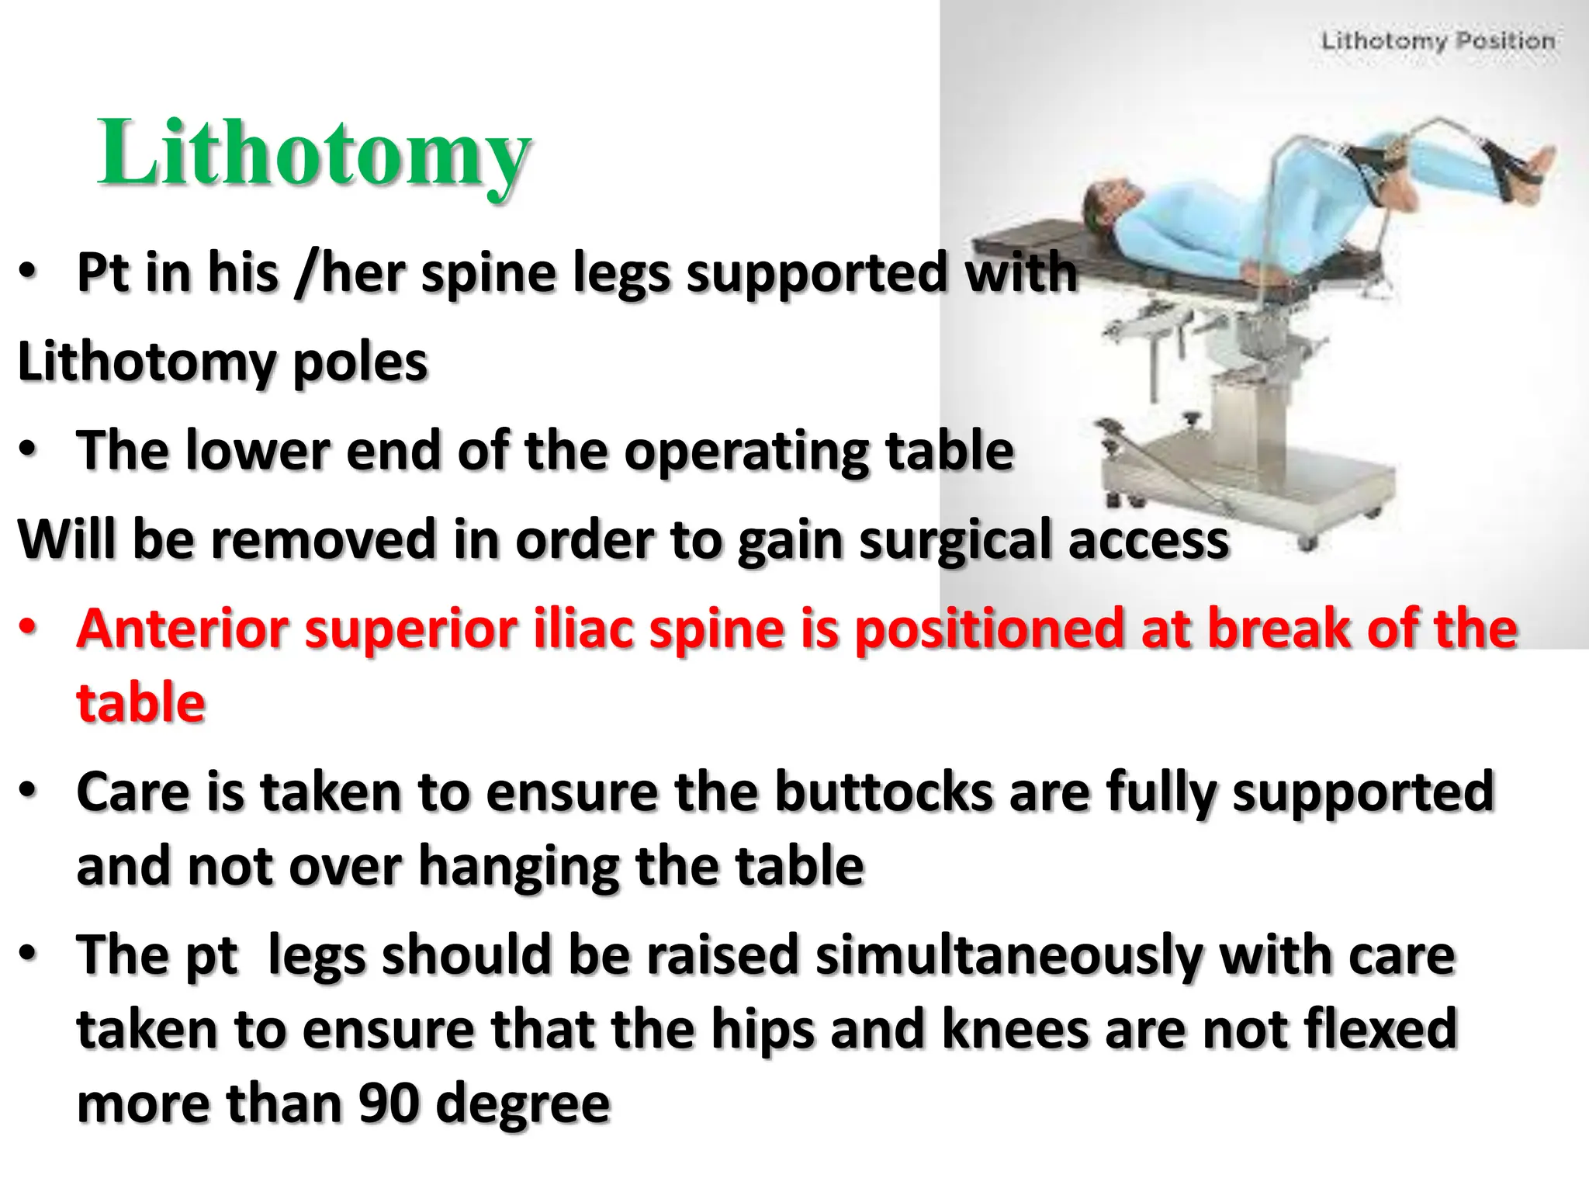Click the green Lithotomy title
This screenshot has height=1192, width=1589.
coord(314,153)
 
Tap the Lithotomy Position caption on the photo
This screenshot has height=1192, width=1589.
coord(1438,40)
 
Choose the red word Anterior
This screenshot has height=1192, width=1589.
coord(183,629)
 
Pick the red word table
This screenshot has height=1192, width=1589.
coord(140,703)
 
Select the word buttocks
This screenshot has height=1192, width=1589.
coord(885,792)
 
